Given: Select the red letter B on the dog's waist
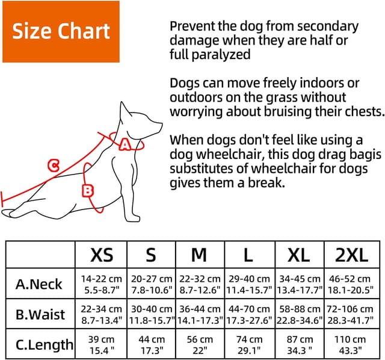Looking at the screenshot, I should tap(88, 190).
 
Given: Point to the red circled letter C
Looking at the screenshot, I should tap(53, 166).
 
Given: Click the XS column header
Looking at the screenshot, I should tap(101, 255).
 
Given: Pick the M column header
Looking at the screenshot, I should tap(199, 255).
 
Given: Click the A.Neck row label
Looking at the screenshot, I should tap(40, 284).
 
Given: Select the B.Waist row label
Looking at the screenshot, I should tap(41, 314).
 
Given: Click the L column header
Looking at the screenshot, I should tap(248, 255).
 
